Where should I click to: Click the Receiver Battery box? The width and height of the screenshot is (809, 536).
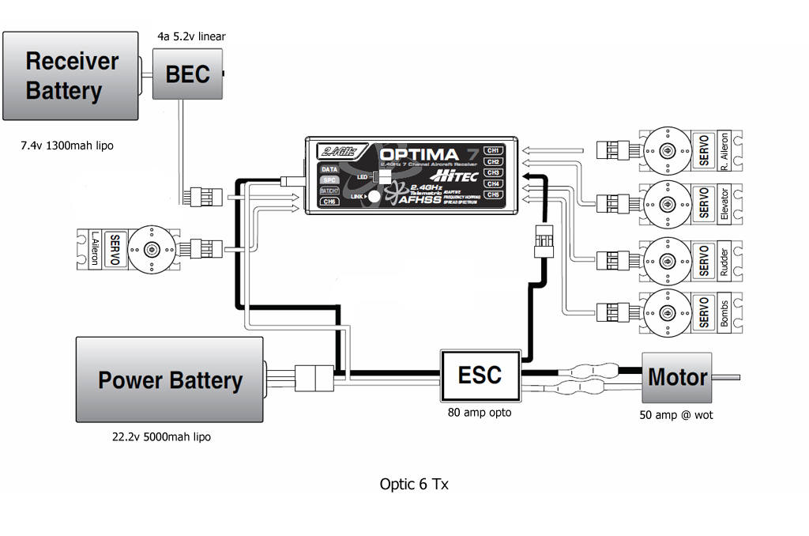tap(71, 76)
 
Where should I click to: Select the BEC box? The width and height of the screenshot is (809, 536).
tap(187, 74)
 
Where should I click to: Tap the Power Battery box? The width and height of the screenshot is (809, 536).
tap(169, 379)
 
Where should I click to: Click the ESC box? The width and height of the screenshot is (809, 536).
tap(480, 374)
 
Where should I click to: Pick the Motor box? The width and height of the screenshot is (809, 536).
tap(677, 377)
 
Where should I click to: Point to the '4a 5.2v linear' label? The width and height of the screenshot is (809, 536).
tap(192, 36)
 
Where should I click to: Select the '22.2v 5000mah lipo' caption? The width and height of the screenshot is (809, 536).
tap(161, 436)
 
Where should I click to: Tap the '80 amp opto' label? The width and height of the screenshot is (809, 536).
tap(480, 412)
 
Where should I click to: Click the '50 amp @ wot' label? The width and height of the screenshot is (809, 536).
tap(676, 414)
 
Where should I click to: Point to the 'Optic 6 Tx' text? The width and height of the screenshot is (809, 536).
tap(414, 484)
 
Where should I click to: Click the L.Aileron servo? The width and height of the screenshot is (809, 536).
tap(126, 249)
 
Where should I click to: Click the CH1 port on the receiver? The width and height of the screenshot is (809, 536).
tap(493, 150)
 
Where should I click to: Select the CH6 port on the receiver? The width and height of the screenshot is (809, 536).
tap(329, 202)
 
